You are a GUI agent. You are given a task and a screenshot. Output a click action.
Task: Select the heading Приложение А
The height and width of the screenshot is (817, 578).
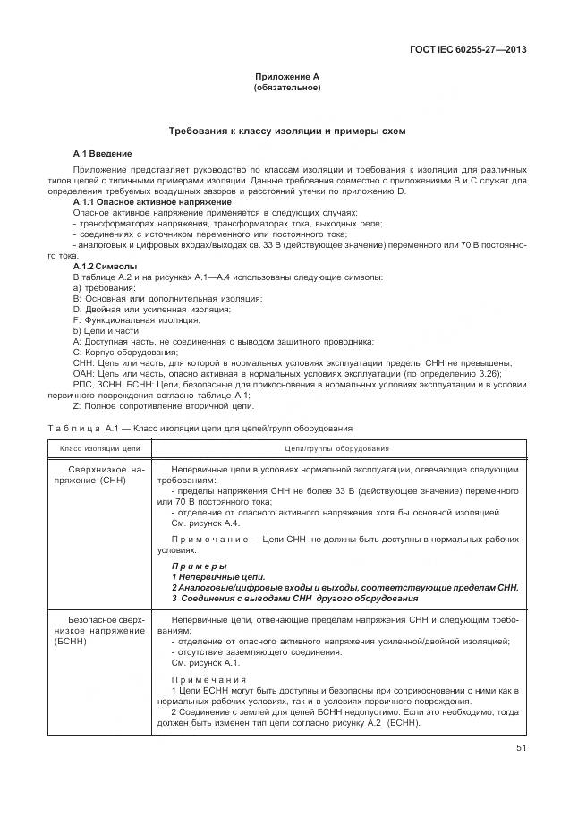(287, 77)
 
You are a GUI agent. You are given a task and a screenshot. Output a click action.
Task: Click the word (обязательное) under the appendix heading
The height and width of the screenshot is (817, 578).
(287, 88)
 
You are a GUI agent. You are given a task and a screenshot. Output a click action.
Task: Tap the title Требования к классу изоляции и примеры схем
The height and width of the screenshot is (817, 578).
(287, 131)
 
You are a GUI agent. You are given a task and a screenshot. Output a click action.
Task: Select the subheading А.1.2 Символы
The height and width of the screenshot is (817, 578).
(105, 267)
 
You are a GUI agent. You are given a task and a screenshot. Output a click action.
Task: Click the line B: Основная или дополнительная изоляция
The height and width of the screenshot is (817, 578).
(154, 298)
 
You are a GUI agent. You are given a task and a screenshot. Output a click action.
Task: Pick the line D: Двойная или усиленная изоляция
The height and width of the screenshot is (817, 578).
(139, 309)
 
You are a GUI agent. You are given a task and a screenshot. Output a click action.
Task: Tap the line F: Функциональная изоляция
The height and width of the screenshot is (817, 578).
(123, 319)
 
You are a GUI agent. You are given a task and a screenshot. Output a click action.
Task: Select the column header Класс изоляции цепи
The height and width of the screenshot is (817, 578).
(100, 447)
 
